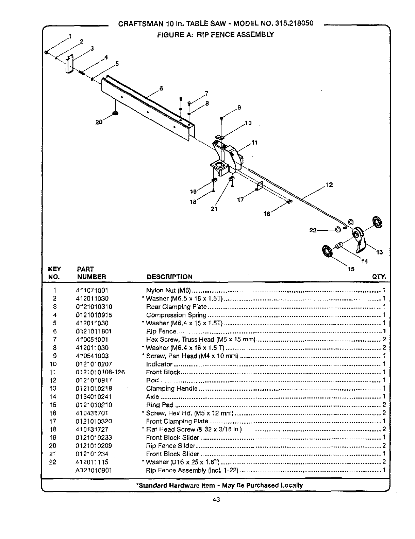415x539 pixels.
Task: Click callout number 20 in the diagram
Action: [x=99, y=122]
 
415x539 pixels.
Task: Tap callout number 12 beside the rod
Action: [x=329, y=185]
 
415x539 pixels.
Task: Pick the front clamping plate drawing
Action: [x=260, y=186]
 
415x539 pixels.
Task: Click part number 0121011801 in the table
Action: [x=94, y=331]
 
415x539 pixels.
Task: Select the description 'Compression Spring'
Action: [x=176, y=315]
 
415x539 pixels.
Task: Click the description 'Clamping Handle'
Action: [x=171, y=389]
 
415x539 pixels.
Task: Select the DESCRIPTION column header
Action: [x=169, y=277]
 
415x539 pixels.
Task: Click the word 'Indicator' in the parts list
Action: [x=159, y=364]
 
